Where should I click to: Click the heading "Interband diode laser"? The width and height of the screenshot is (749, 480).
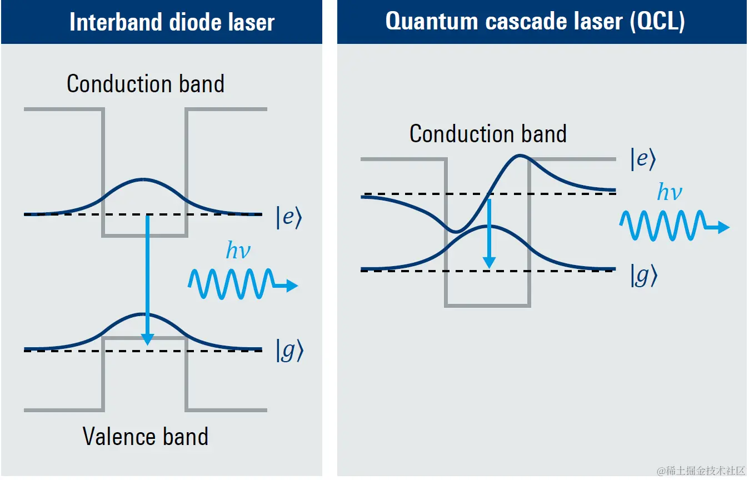172,22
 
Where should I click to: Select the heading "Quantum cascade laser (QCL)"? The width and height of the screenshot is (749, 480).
535,21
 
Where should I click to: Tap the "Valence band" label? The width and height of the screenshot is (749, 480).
146,437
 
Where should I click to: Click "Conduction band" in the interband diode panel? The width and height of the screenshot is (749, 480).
146,84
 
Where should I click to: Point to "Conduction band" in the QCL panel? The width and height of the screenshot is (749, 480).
488,134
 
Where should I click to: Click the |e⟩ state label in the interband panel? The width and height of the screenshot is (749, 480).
288,218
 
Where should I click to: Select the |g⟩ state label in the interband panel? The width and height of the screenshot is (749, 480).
289,352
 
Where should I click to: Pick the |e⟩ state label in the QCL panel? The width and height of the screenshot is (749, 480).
643,159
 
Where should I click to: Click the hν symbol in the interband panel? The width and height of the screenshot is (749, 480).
238,251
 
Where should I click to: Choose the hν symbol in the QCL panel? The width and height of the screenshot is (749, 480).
669,192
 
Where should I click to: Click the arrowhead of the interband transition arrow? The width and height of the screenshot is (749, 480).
147,338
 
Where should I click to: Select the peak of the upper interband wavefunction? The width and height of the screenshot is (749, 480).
143,179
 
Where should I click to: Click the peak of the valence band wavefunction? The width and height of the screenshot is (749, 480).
143,314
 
